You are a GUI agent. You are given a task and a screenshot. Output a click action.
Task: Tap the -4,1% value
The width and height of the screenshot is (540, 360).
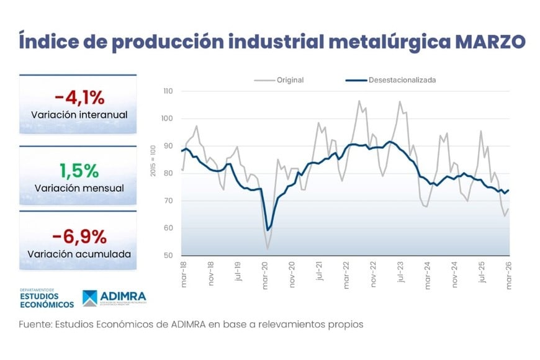coord(78,97)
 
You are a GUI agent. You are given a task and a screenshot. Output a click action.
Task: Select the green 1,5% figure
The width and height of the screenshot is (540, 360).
coord(78,169)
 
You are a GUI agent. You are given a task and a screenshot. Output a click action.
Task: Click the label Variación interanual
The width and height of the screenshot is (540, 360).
coord(79,115)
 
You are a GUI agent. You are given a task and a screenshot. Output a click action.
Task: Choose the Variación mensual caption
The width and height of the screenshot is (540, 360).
coord(79,187)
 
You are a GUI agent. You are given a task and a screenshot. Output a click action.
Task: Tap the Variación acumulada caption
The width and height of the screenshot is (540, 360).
coord(79,254)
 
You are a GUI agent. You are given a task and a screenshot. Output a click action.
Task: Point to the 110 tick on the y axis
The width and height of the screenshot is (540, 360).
coord(168,91)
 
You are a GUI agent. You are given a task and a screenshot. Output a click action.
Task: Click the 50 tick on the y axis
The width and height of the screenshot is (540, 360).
coord(169,256)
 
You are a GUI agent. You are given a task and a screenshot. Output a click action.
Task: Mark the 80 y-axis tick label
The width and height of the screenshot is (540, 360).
coord(169,173)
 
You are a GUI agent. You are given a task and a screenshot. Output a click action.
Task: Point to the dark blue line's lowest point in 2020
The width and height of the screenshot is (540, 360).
coord(268,230)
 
